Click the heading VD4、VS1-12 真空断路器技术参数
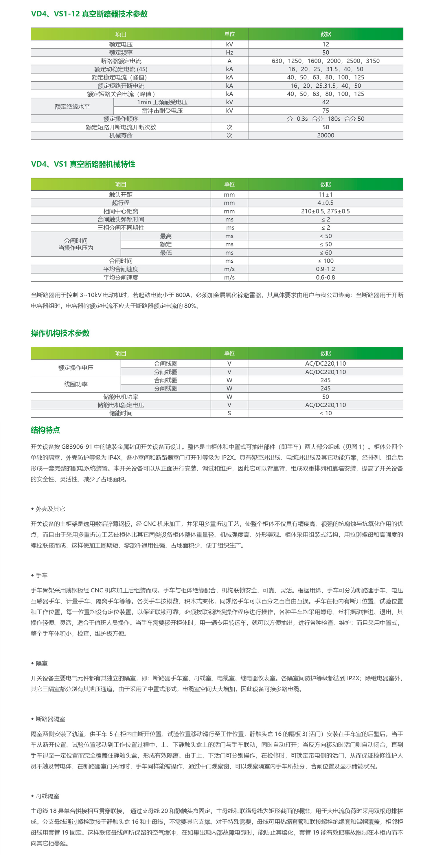point(89,14)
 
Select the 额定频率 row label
point(121,52)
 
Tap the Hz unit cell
point(229,52)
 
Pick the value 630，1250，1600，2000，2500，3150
point(325,61)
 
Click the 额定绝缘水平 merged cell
point(72,106)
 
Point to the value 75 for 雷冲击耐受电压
point(325,110)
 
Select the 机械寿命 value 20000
point(325,135)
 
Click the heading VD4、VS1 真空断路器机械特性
point(83,164)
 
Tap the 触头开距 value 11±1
point(325,194)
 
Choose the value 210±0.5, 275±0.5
point(325,211)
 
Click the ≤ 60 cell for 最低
point(325,253)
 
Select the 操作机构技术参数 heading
point(60,333)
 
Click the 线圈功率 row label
point(76,384)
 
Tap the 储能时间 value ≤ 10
point(325,413)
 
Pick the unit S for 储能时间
point(229,413)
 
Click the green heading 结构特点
point(45,430)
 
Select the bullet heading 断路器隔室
point(50,719)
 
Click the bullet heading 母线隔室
point(47,796)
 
